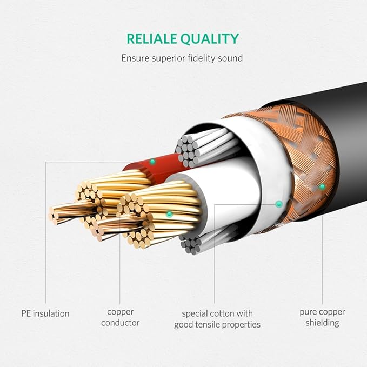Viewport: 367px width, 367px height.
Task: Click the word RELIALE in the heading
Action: (x=152, y=39)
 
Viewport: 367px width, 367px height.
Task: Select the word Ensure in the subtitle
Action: (x=135, y=58)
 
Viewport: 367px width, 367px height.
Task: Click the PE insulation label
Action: (x=45, y=313)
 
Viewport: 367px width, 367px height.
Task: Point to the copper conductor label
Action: (x=121, y=317)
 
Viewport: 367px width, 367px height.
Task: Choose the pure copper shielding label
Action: (x=322, y=317)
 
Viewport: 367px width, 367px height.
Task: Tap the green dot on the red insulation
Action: (x=152, y=161)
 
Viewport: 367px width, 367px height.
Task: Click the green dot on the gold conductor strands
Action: (x=169, y=214)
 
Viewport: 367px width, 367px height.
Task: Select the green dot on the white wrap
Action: (x=278, y=204)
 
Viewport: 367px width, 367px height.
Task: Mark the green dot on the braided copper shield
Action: (x=322, y=187)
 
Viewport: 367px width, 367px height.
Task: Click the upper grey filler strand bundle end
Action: (x=187, y=151)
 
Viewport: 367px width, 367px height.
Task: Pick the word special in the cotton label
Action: (x=195, y=314)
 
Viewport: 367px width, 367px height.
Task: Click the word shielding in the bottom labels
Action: (x=322, y=323)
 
